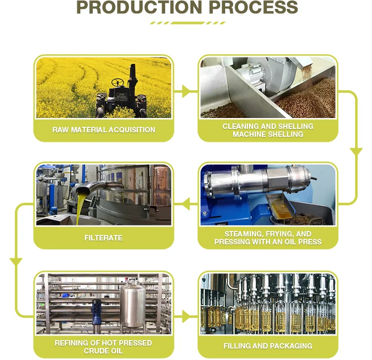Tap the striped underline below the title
click(187, 23)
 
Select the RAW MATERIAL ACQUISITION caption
click(104, 130)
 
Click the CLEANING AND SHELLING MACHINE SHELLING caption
click(268, 130)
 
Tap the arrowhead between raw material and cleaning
click(186, 91)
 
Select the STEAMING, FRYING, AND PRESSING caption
click(268, 238)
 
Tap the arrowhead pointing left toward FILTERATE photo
click(185, 202)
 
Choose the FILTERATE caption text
click(103, 238)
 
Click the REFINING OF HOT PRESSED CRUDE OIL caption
click(103, 347)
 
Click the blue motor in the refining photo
click(97, 310)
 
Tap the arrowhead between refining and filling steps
click(186, 316)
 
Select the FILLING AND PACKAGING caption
click(268, 346)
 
